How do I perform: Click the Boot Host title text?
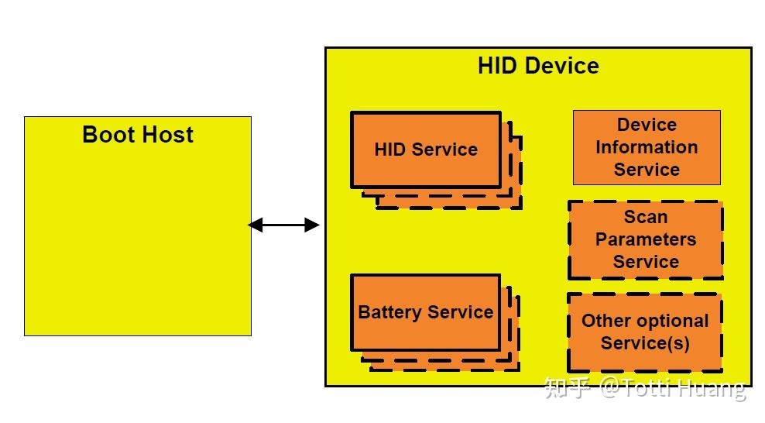tap(138, 135)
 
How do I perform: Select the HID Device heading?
tap(538, 65)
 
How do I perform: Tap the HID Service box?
tap(426, 150)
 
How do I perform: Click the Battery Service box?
tap(425, 312)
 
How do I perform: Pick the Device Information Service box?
tap(647, 147)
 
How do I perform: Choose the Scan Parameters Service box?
tap(645, 240)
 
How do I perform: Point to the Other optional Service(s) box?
tap(645, 332)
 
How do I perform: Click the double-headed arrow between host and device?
tap(283, 225)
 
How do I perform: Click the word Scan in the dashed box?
tap(646, 218)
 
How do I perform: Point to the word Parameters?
tap(646, 240)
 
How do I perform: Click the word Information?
tap(647, 147)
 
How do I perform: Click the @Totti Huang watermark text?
tap(673, 387)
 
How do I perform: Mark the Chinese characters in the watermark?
tap(568, 387)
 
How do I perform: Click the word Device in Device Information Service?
tap(647, 125)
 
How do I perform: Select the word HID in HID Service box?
tap(390, 150)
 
